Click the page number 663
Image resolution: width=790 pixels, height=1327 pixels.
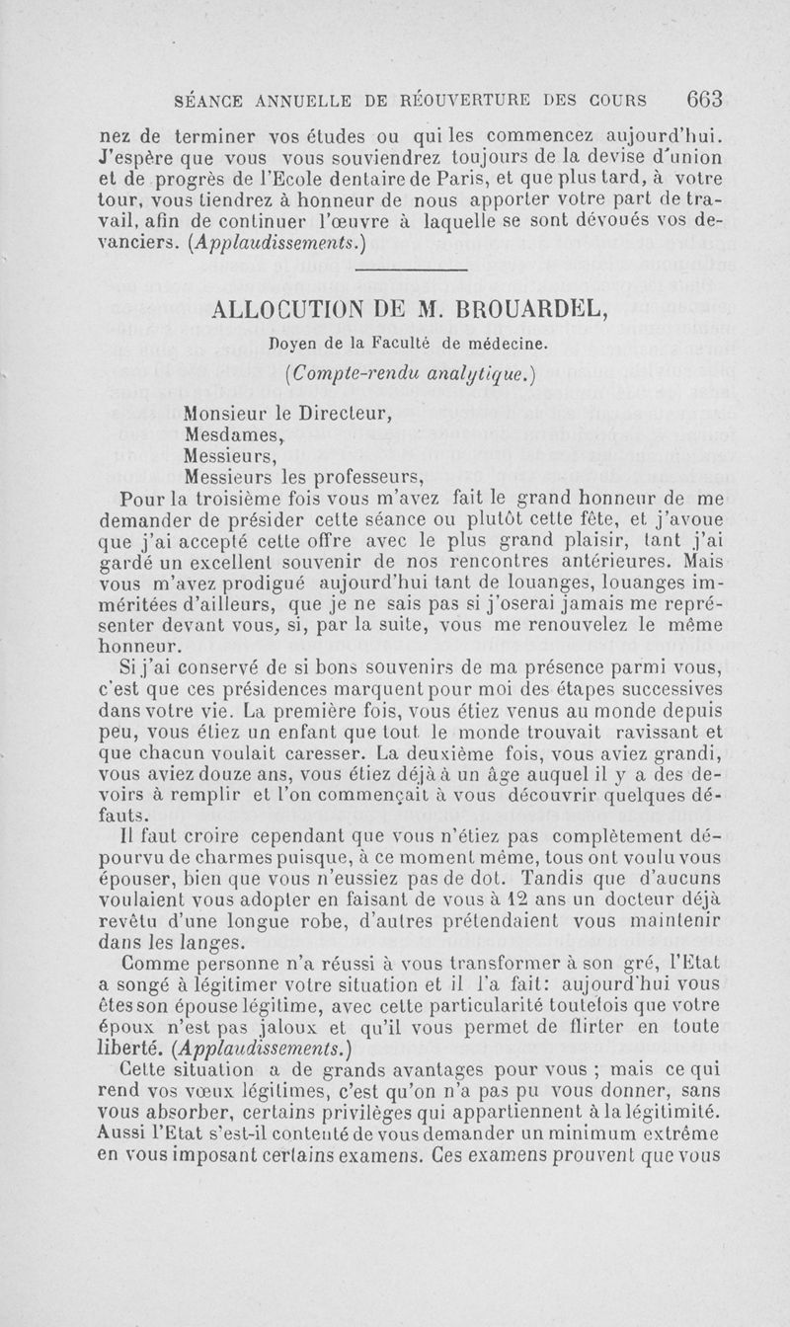tap(706, 99)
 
